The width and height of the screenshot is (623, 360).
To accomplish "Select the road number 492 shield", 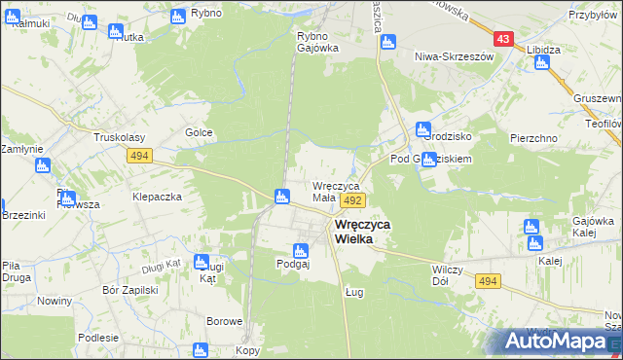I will coord(352,199).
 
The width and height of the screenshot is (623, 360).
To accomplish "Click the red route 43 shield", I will coord(502,39).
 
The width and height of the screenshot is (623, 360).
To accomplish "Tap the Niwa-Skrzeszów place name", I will coord(455,56).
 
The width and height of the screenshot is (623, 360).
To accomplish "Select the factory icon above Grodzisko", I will coord(422,128).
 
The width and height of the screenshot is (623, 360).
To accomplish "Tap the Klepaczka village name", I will coord(158,196).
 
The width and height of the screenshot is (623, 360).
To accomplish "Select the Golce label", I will coord(199,132).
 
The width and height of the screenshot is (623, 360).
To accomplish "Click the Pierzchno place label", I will coord(532,138).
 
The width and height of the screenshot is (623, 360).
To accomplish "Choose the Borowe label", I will coord(223,320).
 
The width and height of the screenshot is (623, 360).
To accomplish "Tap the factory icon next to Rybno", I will coord(177,17).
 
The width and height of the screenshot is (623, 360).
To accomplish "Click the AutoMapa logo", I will coord(555,341).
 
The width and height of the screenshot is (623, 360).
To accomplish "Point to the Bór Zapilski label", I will coord(129,290).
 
